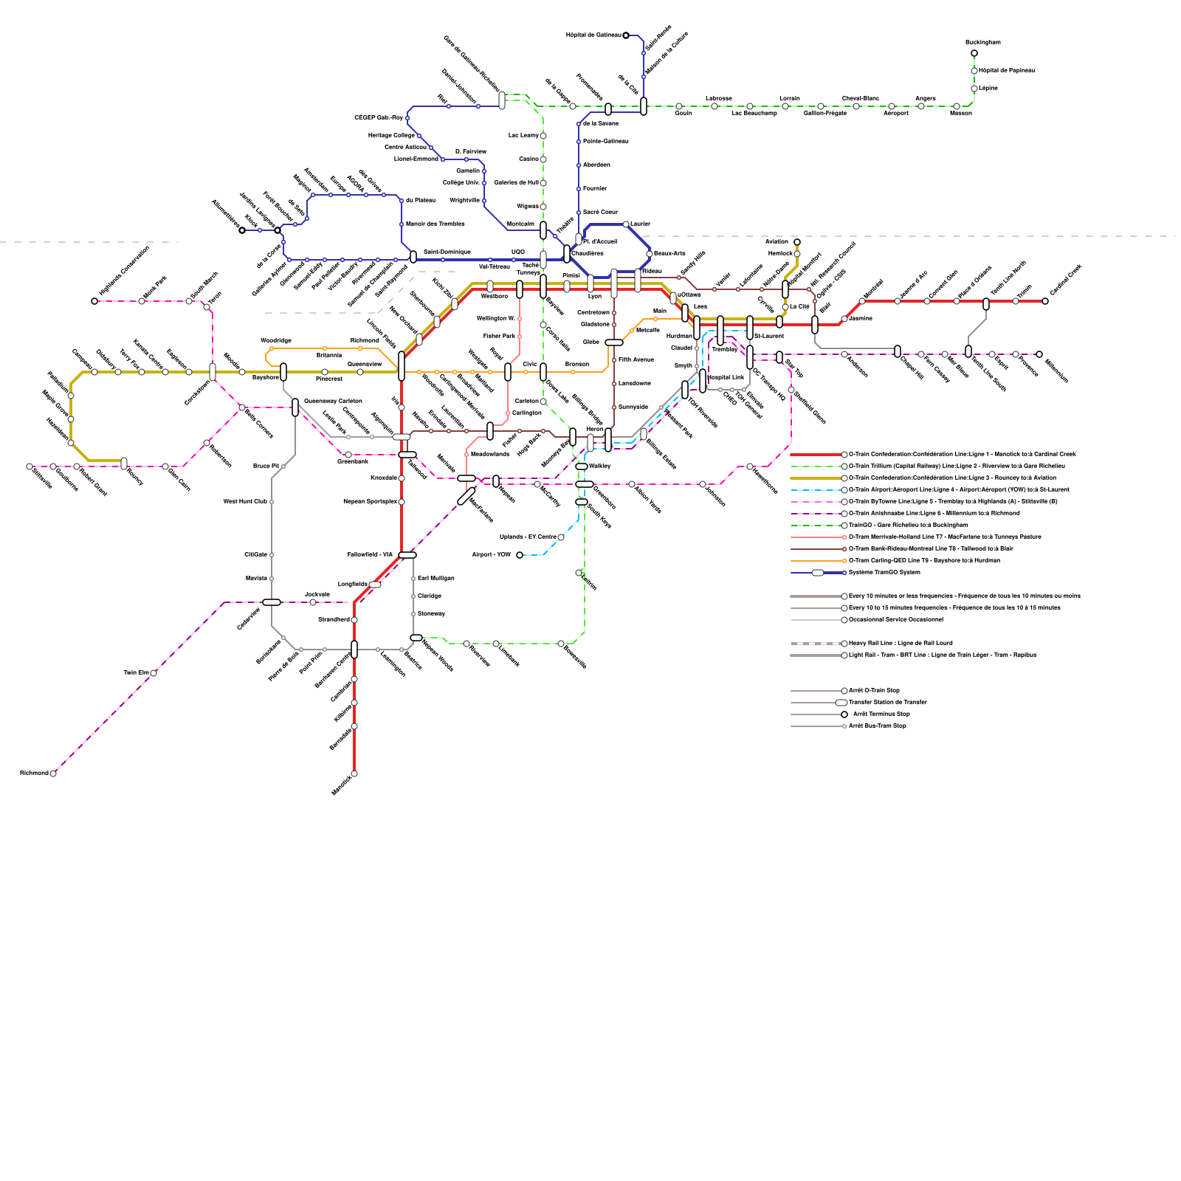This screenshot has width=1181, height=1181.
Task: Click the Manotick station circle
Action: pos(354,774)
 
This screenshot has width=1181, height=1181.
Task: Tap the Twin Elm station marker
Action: pos(154,673)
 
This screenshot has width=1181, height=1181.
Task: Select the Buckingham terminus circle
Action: pos(974,53)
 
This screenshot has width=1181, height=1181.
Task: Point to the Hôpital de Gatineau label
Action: pos(593,35)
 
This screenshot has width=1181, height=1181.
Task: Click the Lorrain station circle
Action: pos(785,106)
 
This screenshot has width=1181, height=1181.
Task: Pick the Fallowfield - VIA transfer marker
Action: pos(407,555)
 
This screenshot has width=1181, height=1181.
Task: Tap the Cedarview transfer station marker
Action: pos(272,602)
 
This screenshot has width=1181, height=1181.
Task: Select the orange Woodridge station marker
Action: pos(272,348)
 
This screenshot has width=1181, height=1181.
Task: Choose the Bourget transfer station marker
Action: pos(124,463)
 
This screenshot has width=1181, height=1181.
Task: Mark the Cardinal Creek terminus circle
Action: pos(1045,301)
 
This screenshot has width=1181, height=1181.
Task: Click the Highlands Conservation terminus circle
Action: pos(94,301)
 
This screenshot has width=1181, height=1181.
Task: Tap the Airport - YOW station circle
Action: pos(520,555)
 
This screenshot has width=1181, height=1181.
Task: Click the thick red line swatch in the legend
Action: pos(815,455)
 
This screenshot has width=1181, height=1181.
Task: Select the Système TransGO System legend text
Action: pos(884,572)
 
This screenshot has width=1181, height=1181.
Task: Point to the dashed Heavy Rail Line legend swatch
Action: pos(815,644)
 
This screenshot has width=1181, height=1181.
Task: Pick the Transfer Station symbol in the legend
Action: pos(841,703)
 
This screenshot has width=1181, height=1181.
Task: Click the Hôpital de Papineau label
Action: pos(1006,71)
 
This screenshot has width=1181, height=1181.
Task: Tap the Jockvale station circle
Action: pos(313,602)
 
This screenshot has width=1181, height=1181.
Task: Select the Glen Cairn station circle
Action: pos(165,466)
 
